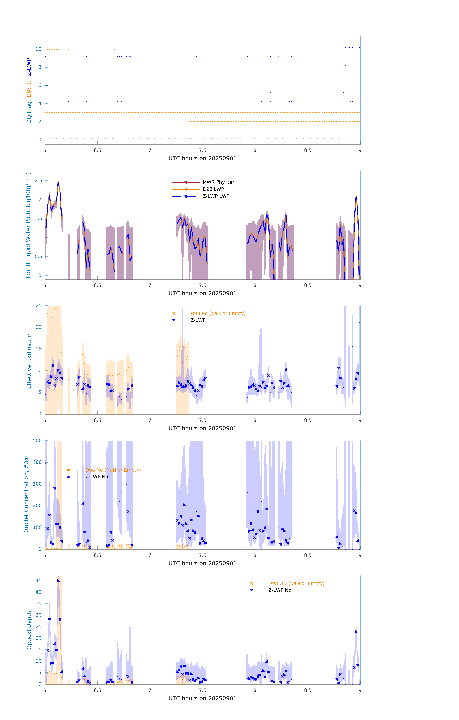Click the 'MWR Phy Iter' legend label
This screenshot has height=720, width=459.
click(218, 182)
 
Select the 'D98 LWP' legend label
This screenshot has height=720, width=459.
click(213, 189)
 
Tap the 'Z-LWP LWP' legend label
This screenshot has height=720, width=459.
click(216, 196)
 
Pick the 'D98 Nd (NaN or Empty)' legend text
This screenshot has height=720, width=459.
click(113, 470)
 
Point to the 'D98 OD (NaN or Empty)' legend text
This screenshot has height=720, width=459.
click(296, 583)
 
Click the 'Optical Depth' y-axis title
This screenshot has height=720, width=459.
click(29, 630)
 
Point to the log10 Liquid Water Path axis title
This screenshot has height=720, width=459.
click(28, 225)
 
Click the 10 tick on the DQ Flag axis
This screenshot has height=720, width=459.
click(39, 49)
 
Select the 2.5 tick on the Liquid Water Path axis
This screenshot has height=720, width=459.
click(38, 181)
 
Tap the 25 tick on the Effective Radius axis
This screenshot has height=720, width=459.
click(39, 306)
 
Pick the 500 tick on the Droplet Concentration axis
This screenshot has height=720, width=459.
click(37, 440)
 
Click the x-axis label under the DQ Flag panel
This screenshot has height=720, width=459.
click(202, 159)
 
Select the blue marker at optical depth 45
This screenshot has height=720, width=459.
click(58, 581)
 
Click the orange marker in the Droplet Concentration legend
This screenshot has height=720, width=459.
click(69, 470)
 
